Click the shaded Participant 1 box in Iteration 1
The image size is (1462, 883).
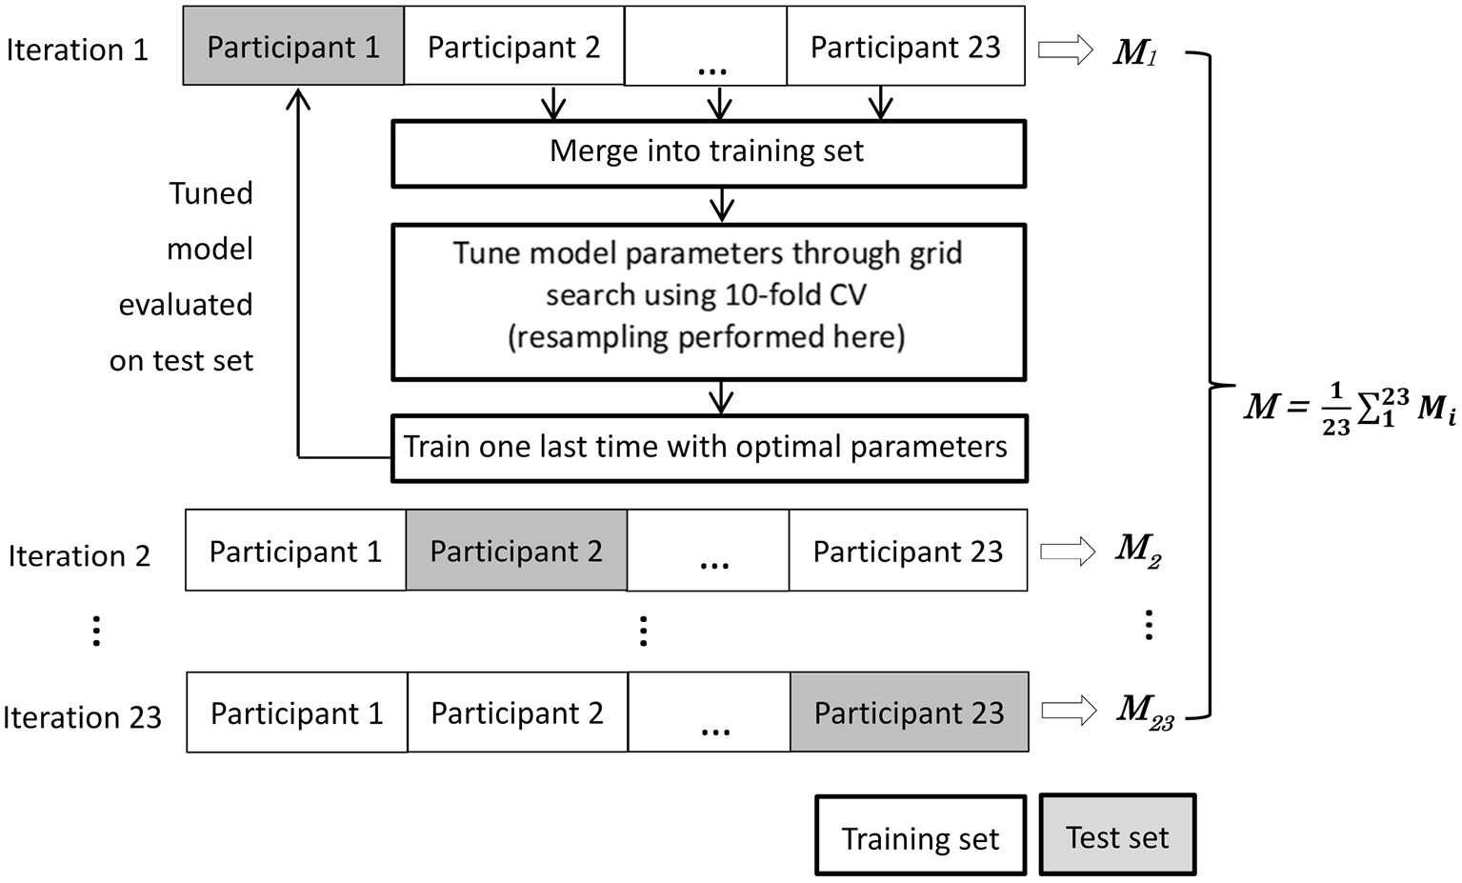tap(293, 47)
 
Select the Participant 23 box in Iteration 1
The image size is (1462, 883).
tap(905, 47)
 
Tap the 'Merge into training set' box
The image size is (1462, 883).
tap(708, 151)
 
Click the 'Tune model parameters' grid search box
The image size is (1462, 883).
tap(708, 295)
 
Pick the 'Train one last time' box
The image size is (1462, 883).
tap(708, 447)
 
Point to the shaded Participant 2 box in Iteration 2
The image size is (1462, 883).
tap(516, 551)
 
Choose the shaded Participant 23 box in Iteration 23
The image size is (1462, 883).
tap(909, 712)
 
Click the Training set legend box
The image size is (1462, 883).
tap(920, 837)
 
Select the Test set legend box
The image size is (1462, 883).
tap(1116, 836)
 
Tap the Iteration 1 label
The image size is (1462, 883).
tap(77, 50)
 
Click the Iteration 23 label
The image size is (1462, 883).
tap(83, 716)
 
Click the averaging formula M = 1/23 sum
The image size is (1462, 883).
tap(1349, 408)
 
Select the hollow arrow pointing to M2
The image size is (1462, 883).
tap(1068, 551)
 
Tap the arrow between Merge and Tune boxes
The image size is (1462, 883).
tap(722, 204)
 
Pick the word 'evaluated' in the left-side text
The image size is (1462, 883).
tap(186, 305)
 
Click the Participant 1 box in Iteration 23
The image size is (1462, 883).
tap(296, 712)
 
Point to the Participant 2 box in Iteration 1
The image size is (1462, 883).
tap(513, 47)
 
